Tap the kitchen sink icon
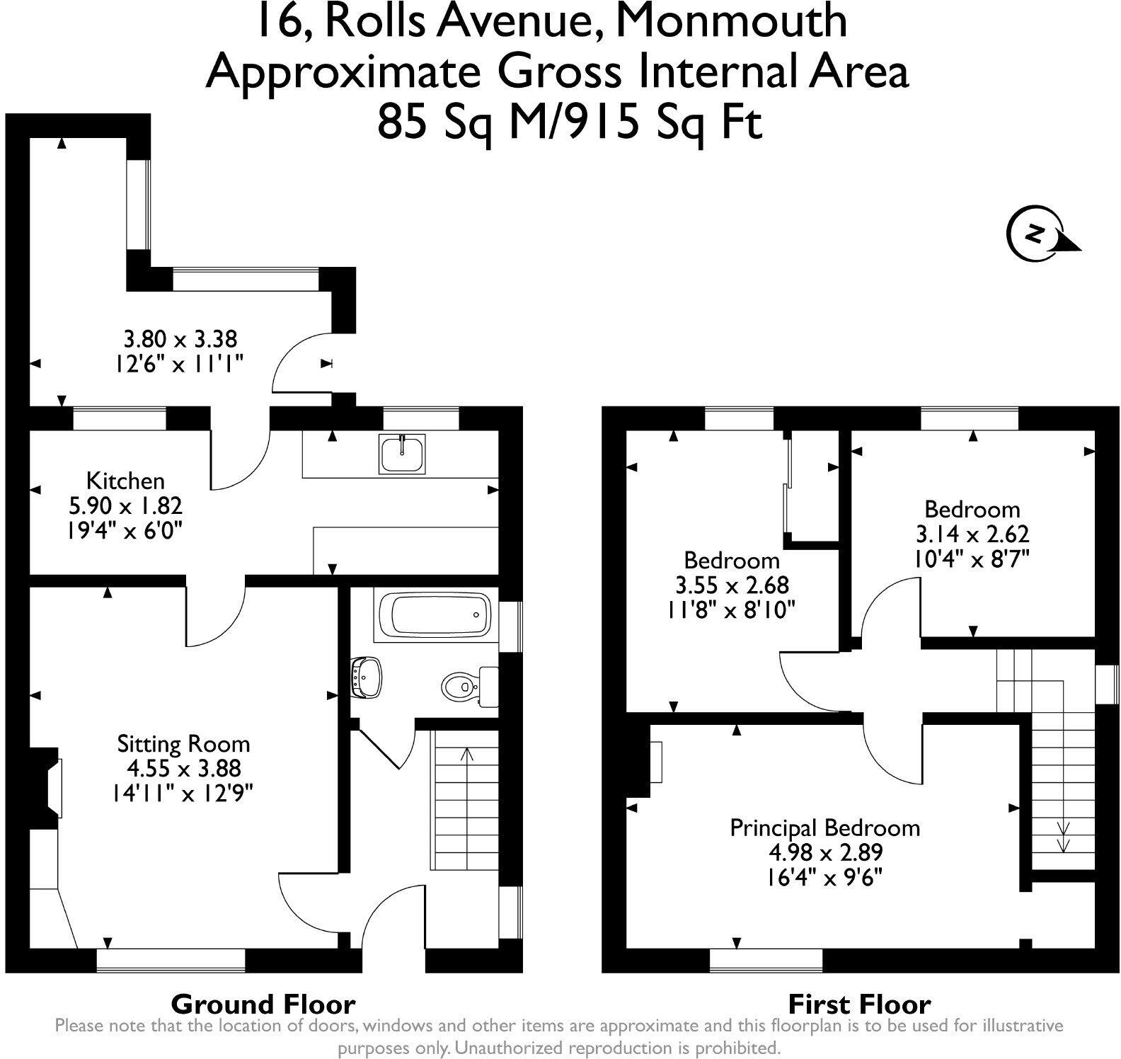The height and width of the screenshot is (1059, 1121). [401, 453]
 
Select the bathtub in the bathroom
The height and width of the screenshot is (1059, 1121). [433, 614]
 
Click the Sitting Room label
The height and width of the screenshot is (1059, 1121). [183, 744]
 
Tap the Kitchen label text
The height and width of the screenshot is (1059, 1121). [125, 481]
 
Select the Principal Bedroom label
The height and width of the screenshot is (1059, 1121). [824, 828]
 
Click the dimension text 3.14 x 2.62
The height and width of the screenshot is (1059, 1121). [972, 534]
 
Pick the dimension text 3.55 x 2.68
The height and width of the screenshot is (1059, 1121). [732, 585]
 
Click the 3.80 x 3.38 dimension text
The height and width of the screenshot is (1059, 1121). [180, 339]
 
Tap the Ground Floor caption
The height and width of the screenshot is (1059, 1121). [263, 1004]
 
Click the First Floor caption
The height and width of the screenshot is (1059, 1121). [859, 1004]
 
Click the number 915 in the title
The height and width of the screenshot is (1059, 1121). [604, 122]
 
